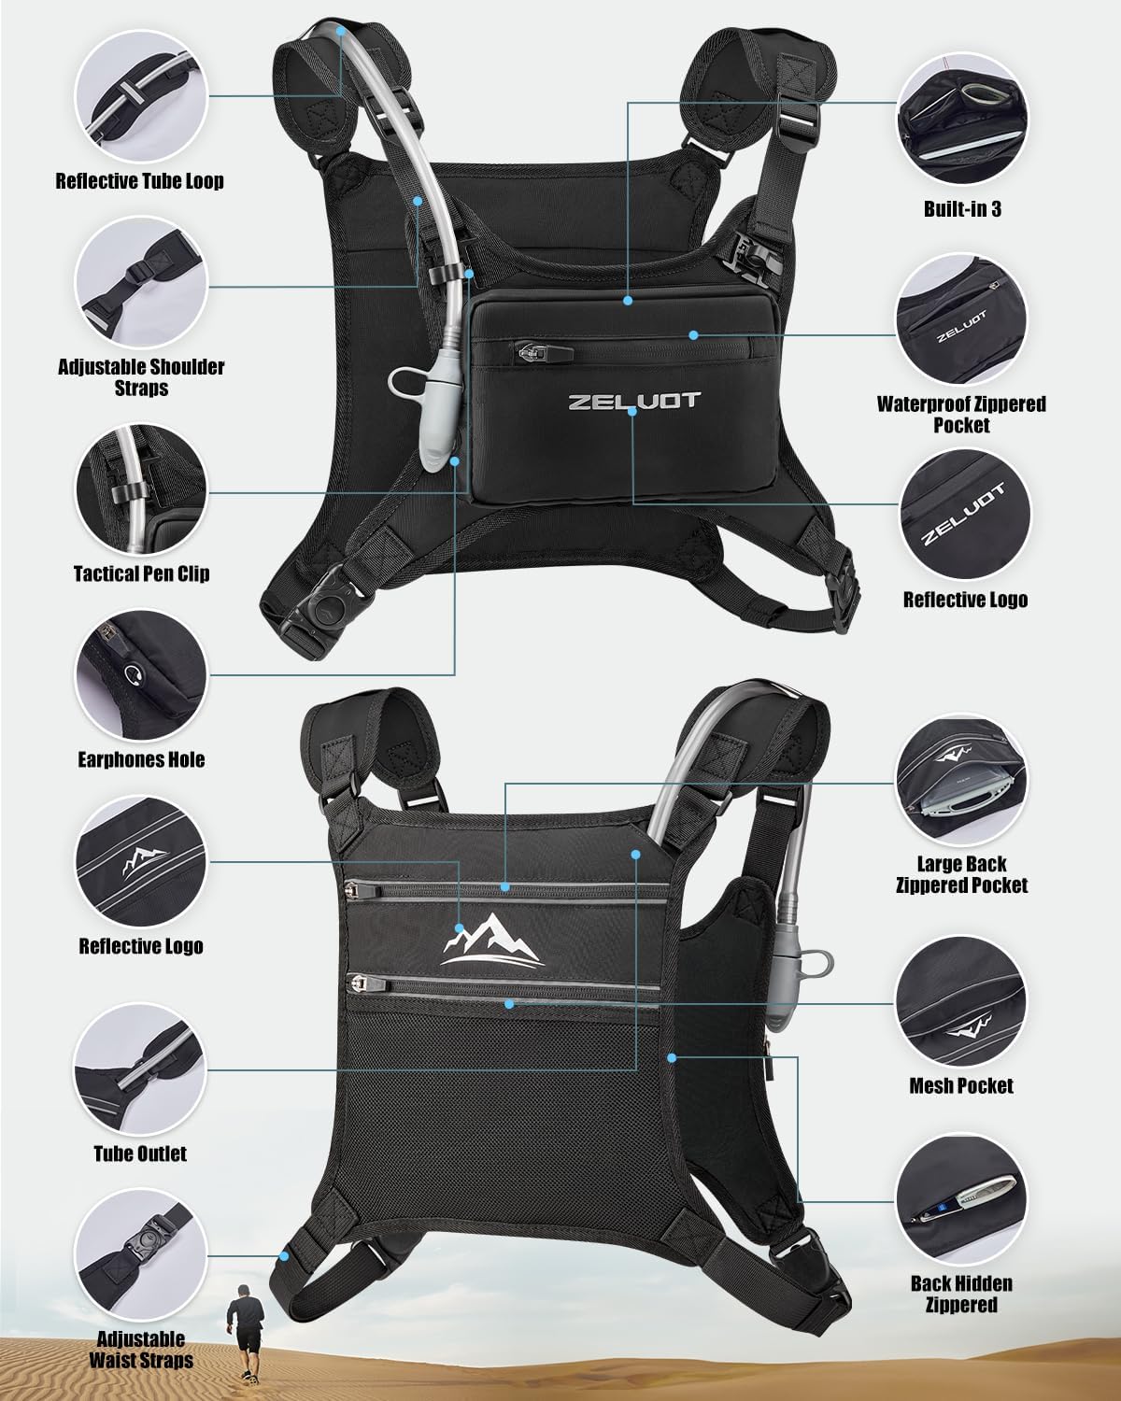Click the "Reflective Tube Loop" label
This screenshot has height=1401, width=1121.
point(139,181)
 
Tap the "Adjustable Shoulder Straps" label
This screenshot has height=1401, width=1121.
point(141,377)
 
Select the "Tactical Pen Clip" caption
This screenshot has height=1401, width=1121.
point(141,573)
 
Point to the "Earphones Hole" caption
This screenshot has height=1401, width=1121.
point(141,759)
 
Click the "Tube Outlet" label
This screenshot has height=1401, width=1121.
point(140,1153)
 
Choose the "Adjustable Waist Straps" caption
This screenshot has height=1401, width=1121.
point(141,1350)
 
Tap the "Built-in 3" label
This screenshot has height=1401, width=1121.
point(962,209)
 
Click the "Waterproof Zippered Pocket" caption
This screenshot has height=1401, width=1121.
point(961,415)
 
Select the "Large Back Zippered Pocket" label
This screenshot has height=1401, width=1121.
point(961,874)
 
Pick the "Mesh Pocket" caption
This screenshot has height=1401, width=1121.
point(961,1086)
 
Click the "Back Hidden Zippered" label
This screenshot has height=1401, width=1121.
point(961,1295)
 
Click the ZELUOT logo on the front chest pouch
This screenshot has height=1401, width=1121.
point(634,401)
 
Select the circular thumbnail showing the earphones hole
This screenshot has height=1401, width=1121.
point(141,675)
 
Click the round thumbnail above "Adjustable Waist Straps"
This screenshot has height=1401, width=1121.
point(141,1255)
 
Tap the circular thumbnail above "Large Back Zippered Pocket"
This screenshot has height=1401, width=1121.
point(961,780)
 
